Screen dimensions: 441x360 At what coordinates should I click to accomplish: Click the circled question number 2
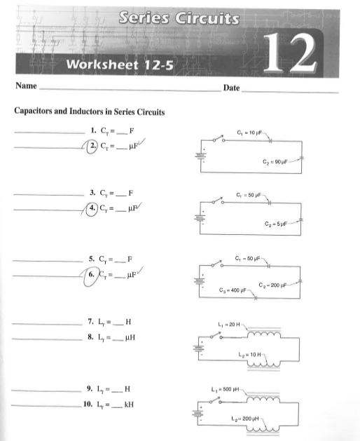[94, 146]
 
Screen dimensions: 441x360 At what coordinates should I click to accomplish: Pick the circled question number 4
[94, 208]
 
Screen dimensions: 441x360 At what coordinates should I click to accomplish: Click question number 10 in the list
[88, 404]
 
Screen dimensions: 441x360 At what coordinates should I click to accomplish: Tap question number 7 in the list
[91, 322]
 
